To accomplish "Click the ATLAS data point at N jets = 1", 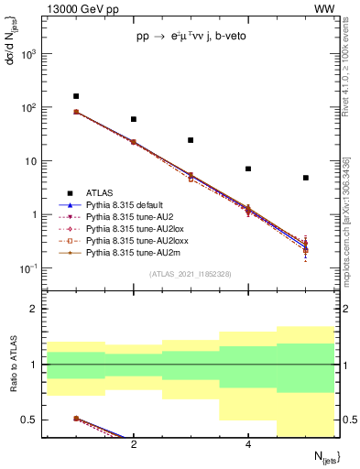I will (x=76, y=96).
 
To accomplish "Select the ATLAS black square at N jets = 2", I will (x=134, y=119).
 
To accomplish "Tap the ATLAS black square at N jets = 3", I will (x=191, y=140).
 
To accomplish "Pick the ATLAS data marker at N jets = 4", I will (x=248, y=169).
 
